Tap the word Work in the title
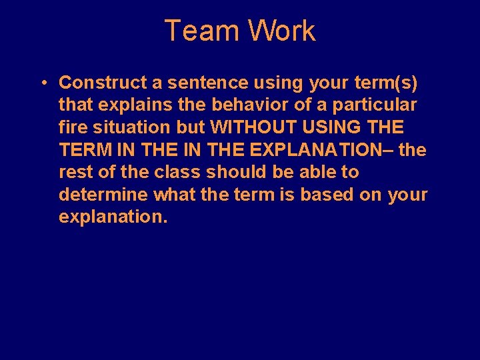281,31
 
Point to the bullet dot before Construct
41,83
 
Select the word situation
127,127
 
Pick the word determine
104,195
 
